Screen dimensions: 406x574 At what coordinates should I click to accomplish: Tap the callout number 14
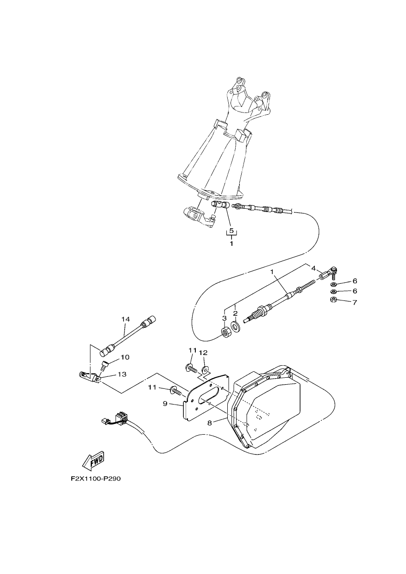(x=125, y=319)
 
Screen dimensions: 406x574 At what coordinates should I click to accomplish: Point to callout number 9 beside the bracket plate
(x=165, y=404)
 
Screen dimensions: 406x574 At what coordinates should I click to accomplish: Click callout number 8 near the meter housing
(x=210, y=423)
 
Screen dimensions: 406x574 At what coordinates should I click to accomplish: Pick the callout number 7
(x=355, y=302)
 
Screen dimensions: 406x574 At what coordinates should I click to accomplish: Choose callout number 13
(x=122, y=374)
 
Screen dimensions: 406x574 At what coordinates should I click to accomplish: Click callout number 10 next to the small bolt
(x=125, y=357)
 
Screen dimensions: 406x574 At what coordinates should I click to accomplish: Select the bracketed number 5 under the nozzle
(x=231, y=231)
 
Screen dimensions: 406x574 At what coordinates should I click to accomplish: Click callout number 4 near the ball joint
(x=313, y=268)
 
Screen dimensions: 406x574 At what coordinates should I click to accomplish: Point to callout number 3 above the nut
(x=224, y=318)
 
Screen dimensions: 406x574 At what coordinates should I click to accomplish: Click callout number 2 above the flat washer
(x=235, y=313)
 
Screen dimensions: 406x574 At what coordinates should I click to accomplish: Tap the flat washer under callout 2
(x=235, y=326)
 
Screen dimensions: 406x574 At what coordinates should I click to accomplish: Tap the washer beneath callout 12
(x=205, y=369)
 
